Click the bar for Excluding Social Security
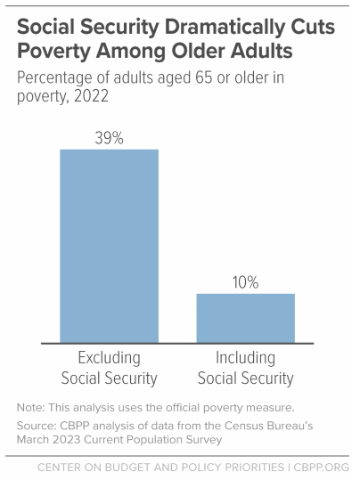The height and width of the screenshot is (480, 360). coord(109,245)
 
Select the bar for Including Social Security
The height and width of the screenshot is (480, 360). coord(245,317)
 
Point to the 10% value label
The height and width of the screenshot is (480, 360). coord(245,282)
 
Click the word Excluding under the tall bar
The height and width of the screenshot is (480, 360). coord(109,358)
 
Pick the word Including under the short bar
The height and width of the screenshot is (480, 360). coord(245,358)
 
